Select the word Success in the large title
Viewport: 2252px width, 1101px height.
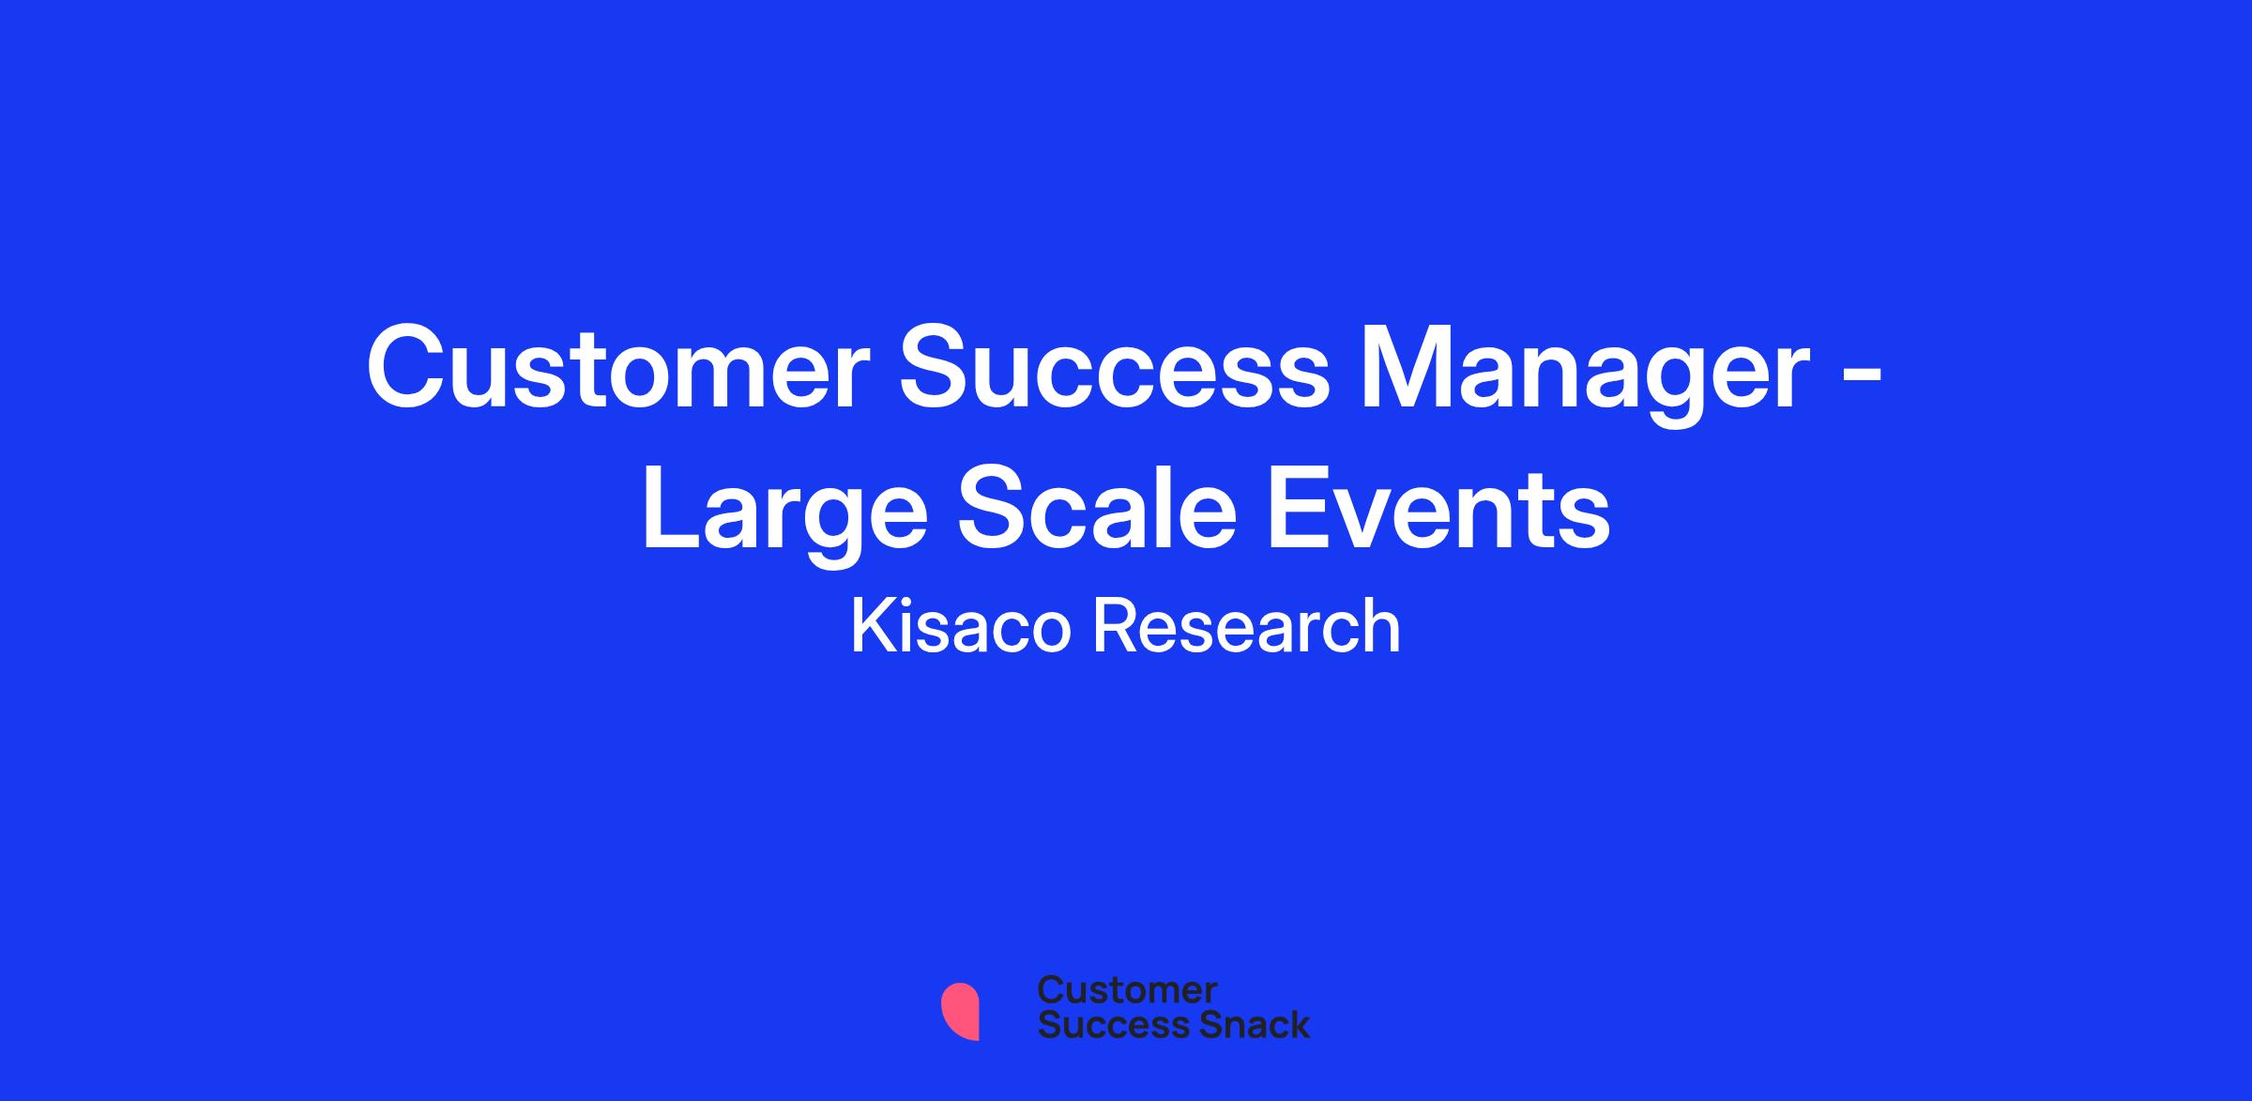(x=1114, y=367)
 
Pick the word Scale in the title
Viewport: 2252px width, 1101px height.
(x=1097, y=507)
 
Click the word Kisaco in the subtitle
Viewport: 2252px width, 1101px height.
(x=960, y=625)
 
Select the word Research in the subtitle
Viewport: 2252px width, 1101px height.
(x=1247, y=626)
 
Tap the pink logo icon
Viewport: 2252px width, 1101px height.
(x=961, y=1011)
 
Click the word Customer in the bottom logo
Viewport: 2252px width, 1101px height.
(x=1127, y=990)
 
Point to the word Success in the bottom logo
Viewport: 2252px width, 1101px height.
(x=1102, y=1024)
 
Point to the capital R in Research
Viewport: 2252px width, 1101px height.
(x=1115, y=625)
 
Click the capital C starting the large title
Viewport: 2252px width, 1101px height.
(x=407, y=367)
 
